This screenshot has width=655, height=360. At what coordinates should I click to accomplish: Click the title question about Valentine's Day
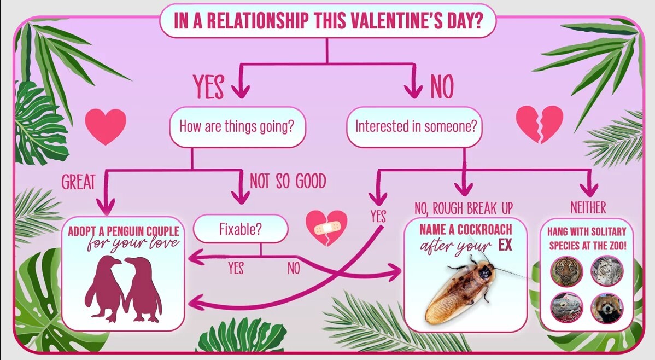click(x=328, y=20)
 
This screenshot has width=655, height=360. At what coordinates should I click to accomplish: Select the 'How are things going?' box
click(x=237, y=127)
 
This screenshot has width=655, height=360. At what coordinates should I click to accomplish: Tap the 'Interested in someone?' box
click(x=415, y=127)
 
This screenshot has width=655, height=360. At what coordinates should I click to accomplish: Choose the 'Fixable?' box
click(x=241, y=229)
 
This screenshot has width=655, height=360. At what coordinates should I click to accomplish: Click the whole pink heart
click(x=106, y=125)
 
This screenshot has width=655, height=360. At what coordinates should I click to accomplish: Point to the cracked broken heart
click(x=540, y=124)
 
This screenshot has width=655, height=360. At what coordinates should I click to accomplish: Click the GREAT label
click(x=78, y=182)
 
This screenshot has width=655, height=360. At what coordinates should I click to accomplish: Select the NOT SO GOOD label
click(x=288, y=182)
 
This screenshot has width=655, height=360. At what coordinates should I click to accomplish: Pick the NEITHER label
click(x=588, y=207)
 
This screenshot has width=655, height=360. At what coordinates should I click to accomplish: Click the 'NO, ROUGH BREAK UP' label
click(x=464, y=208)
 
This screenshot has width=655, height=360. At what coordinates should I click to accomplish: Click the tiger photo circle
click(x=566, y=271)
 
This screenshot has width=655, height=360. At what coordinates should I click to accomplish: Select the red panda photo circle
click(x=607, y=308)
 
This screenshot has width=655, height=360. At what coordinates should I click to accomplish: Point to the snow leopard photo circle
click(x=607, y=271)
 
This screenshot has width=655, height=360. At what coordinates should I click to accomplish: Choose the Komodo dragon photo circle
click(x=566, y=308)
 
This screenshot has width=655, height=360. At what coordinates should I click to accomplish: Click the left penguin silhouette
click(x=104, y=288)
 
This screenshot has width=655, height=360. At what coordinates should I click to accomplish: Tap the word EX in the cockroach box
click(x=505, y=245)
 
